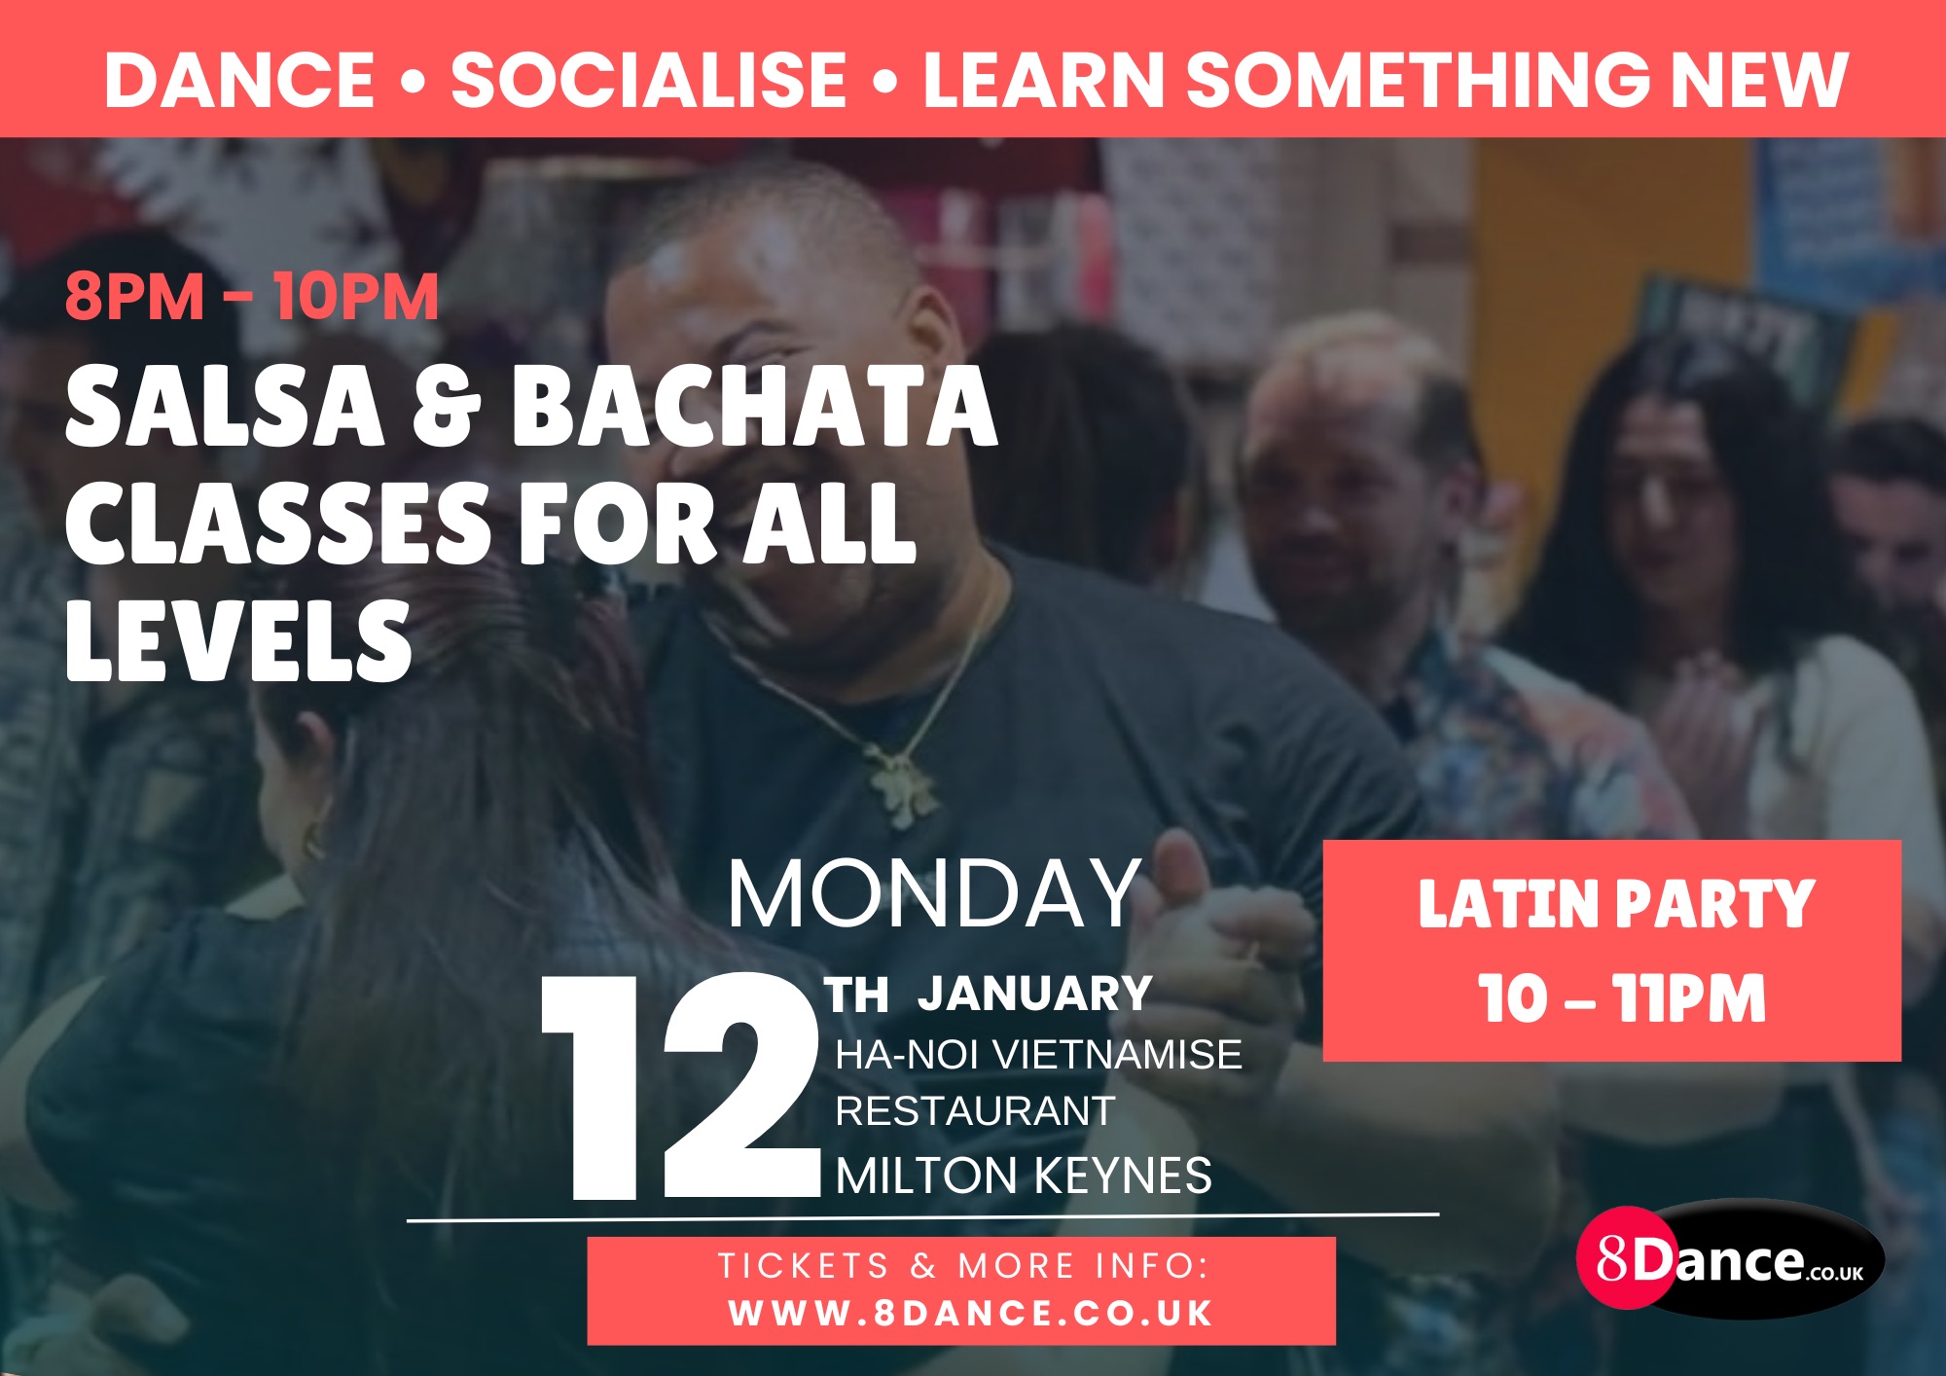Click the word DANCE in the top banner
(239, 80)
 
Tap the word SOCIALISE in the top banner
(649, 80)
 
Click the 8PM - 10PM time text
(252, 297)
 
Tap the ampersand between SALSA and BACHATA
(447, 409)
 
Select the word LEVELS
(238, 640)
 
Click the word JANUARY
(1035, 994)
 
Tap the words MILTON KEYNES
(1024, 1176)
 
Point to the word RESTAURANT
(975, 1111)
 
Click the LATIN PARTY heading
(1616, 905)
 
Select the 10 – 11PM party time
(1622, 999)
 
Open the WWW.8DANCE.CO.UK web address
(971, 1314)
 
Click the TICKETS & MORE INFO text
(963, 1266)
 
